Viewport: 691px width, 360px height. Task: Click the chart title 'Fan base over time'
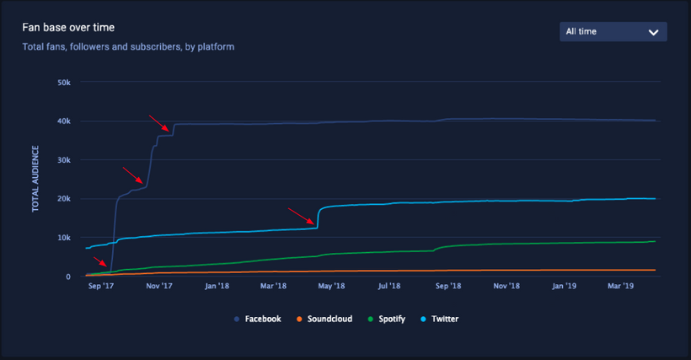click(68, 29)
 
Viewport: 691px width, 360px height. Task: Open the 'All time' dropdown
click(613, 32)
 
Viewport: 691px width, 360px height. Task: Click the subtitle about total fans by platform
click(128, 47)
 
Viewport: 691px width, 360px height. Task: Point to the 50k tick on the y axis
click(62, 83)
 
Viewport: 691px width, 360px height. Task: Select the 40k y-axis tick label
click(62, 121)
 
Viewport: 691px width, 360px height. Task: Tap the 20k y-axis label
click(62, 199)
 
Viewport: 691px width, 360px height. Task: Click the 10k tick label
click(62, 238)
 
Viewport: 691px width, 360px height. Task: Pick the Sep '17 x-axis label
click(100, 287)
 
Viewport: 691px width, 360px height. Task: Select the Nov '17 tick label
click(158, 287)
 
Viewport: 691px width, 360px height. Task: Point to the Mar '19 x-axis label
click(620, 287)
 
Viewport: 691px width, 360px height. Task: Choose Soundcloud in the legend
click(323, 320)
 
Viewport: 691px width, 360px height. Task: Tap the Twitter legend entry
click(441, 320)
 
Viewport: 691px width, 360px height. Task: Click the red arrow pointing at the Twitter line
click(302, 217)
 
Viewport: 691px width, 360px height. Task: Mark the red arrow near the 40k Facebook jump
click(159, 123)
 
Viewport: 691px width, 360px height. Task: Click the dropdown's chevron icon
click(653, 32)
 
